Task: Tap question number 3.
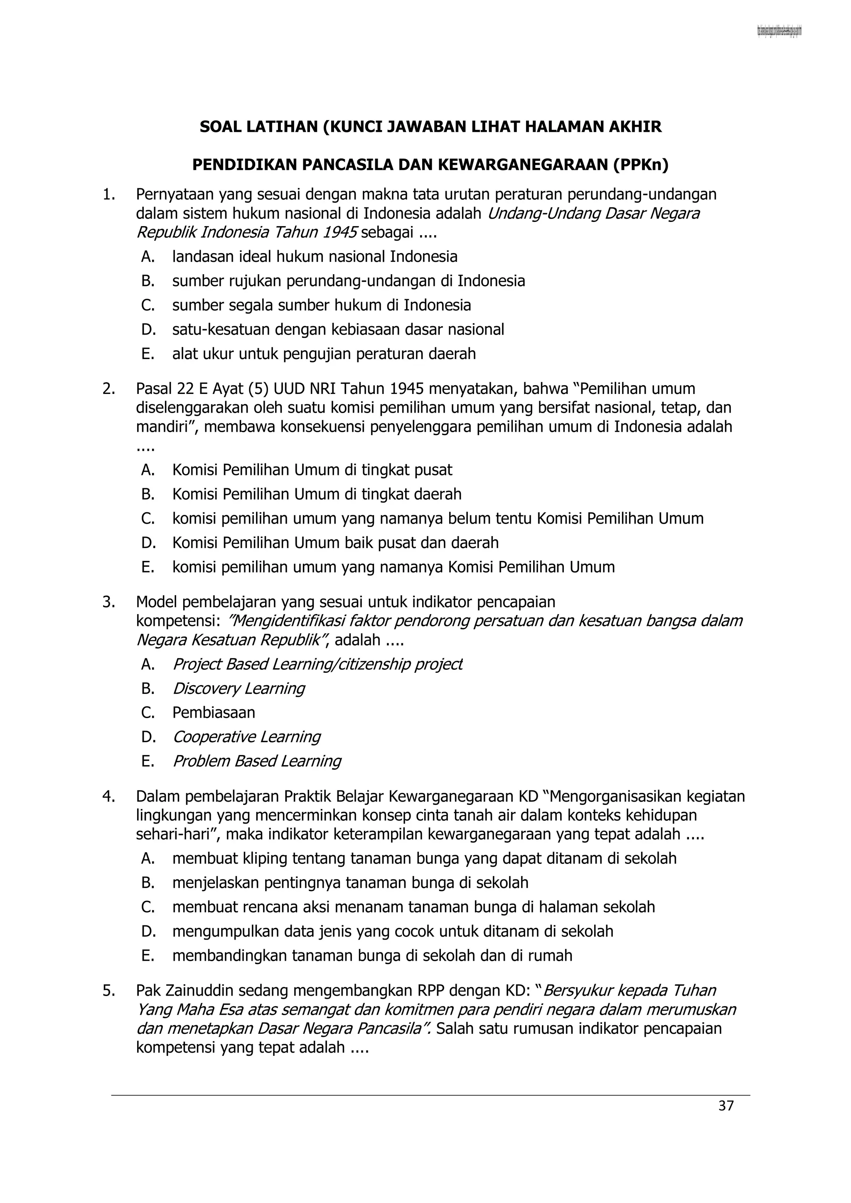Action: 108,602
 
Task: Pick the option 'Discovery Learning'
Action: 239,689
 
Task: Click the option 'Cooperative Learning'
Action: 246,737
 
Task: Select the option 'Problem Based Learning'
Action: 257,761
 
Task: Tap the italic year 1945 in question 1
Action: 339,232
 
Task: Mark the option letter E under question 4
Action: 148,955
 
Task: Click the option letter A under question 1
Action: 148,257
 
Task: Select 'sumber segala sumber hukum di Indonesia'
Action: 321,305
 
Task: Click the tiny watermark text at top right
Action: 779,32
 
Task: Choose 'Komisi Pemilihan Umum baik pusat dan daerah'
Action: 335,542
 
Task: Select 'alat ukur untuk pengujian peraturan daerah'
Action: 324,354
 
